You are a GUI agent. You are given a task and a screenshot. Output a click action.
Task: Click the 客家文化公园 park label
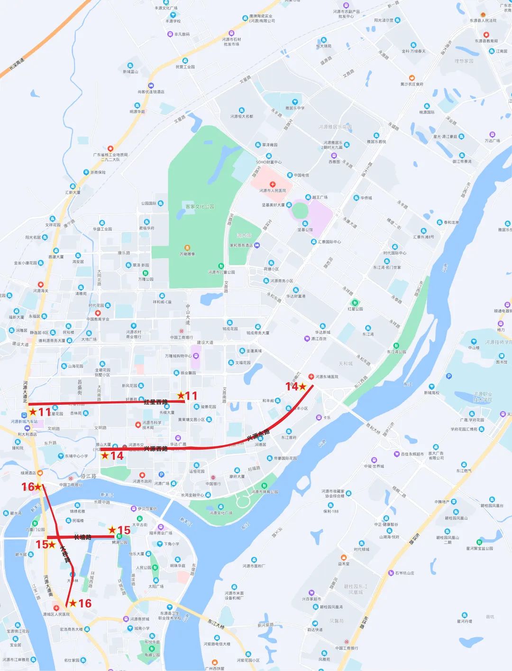(200, 206)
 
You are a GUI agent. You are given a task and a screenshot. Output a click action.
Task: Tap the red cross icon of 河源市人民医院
(273, 184)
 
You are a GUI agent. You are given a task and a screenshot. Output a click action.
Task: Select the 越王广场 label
(320, 197)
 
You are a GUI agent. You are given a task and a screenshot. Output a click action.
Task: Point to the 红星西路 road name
(155, 402)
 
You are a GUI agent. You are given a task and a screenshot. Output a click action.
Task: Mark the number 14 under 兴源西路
(117, 456)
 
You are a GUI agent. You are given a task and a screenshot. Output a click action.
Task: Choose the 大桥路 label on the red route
(65, 554)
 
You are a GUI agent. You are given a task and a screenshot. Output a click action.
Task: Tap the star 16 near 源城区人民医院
(73, 603)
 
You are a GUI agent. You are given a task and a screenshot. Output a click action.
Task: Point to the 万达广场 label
(492, 141)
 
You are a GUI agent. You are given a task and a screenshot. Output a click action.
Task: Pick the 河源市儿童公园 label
(221, 272)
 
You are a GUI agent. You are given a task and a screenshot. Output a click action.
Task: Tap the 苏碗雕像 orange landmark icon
(187, 248)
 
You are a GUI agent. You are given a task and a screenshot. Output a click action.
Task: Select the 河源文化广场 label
(221, 513)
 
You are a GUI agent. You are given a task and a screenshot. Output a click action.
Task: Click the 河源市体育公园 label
(265, 492)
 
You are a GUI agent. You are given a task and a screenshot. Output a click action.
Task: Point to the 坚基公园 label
(305, 230)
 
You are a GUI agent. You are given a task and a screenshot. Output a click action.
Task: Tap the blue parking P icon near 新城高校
(449, 376)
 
